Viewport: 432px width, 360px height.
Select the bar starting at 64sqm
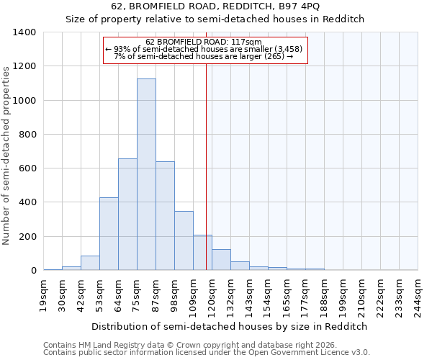[x=127, y=214]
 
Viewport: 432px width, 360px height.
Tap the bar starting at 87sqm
[x=165, y=215]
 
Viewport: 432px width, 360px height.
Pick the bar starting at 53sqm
[x=109, y=233]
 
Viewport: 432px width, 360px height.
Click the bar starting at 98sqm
[x=184, y=240]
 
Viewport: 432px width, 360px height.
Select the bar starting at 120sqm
[x=221, y=259]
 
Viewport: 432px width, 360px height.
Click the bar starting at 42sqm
[x=90, y=263]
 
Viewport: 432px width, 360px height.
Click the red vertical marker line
[x=207, y=166]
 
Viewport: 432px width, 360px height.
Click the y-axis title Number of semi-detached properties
[x=7, y=155]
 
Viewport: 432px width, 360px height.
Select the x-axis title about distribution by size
[x=230, y=326]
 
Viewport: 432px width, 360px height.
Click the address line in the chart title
[x=230, y=6]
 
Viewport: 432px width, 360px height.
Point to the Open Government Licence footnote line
[x=207, y=352]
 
